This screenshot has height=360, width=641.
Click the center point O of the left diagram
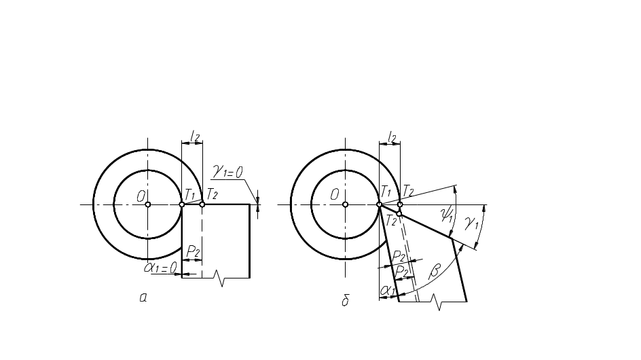coord(148,204)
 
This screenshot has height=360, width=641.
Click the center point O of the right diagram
coord(345,204)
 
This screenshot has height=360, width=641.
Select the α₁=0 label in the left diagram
coord(160,268)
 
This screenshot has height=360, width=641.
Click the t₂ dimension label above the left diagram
coord(194,137)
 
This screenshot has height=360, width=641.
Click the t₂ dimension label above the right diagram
coord(390,137)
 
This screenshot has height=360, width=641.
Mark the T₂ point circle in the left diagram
coord(202,204)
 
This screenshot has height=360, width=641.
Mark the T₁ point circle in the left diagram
coord(182,204)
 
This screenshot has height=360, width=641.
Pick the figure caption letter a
coord(143,297)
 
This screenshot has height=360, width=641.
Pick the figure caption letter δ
coord(345,300)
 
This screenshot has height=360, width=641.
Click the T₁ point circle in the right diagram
coord(379,204)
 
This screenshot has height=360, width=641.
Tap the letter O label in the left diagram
coord(141,196)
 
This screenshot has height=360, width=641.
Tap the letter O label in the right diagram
coord(335,196)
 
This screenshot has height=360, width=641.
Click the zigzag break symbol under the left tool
coord(217,276)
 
